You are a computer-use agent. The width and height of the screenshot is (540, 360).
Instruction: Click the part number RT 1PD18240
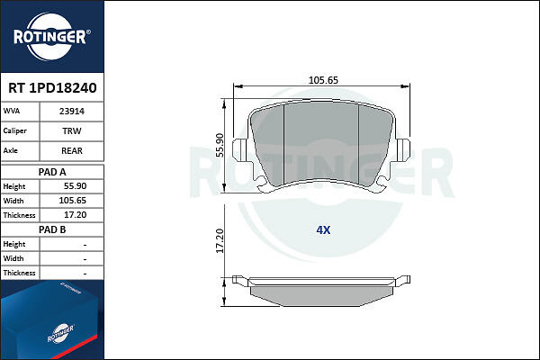tap(52, 88)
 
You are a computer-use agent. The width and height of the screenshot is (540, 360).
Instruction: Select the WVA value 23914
tap(72, 112)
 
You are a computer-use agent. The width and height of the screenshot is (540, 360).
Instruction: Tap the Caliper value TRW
tap(72, 130)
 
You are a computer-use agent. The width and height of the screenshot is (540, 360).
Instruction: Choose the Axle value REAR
tap(72, 150)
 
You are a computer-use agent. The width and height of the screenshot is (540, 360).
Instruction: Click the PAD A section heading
tap(52, 172)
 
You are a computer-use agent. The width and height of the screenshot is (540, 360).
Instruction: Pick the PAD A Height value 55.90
tap(75, 186)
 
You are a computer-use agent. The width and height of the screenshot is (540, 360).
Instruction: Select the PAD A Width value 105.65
tap(73, 201)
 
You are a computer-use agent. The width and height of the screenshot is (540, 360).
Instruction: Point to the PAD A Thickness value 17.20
tap(75, 215)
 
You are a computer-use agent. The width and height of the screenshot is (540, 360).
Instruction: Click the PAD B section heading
tap(52, 229)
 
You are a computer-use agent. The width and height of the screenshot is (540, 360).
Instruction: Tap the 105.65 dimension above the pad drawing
tap(323, 80)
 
